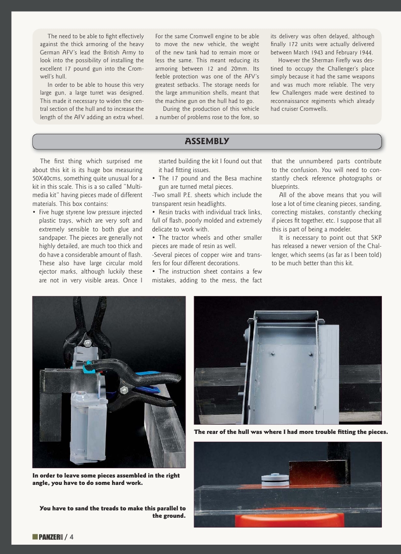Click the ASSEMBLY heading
[207, 141]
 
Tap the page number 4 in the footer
[71, 537]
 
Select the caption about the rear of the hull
[291, 432]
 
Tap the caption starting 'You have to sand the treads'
[113, 512]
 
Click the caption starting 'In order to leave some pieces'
[106, 479]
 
